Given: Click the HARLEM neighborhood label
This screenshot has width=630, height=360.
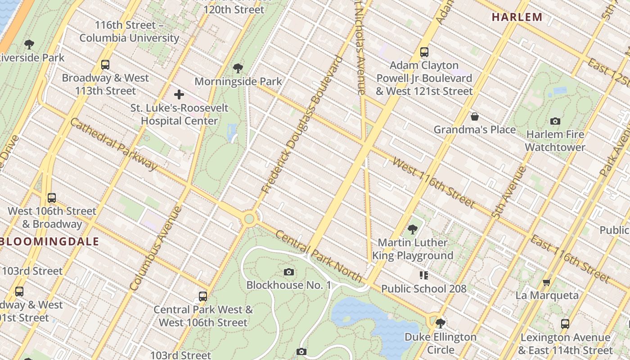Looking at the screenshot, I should pos(517,17).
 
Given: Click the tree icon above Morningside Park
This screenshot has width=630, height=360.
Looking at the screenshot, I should pos(238,68).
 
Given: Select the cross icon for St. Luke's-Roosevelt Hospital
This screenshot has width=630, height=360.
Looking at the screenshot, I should pos(179,94).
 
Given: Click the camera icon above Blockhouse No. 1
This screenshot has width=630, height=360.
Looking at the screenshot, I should pos(289,272).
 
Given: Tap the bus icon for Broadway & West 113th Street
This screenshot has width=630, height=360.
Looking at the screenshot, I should pos(105,65).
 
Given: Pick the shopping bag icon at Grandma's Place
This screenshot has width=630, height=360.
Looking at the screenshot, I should pos(474,117).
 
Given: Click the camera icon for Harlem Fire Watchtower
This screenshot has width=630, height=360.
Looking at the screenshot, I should pos(555,121).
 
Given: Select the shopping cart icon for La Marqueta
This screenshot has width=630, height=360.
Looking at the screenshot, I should pos(547,283).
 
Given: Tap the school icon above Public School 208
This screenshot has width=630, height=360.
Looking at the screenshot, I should pos(423,275).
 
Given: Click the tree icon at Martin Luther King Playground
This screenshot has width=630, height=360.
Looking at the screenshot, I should pos(412,229).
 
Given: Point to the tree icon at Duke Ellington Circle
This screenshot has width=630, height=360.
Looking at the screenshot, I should pos(440,323).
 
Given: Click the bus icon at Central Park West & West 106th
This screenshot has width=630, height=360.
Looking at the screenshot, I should pos(203,297).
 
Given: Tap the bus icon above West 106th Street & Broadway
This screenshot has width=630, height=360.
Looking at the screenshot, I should pos(52,198).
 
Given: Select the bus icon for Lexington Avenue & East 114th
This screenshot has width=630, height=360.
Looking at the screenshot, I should pos(565,324).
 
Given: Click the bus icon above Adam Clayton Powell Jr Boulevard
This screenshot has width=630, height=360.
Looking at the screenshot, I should pos(424,52).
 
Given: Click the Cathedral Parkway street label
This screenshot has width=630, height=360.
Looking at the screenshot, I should pos(113,144).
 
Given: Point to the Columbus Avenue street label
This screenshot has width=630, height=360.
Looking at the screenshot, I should pos(156,248).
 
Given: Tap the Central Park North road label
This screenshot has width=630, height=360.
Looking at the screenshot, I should pos(318,256).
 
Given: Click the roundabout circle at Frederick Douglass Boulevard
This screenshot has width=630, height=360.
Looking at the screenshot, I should pos(249,219).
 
